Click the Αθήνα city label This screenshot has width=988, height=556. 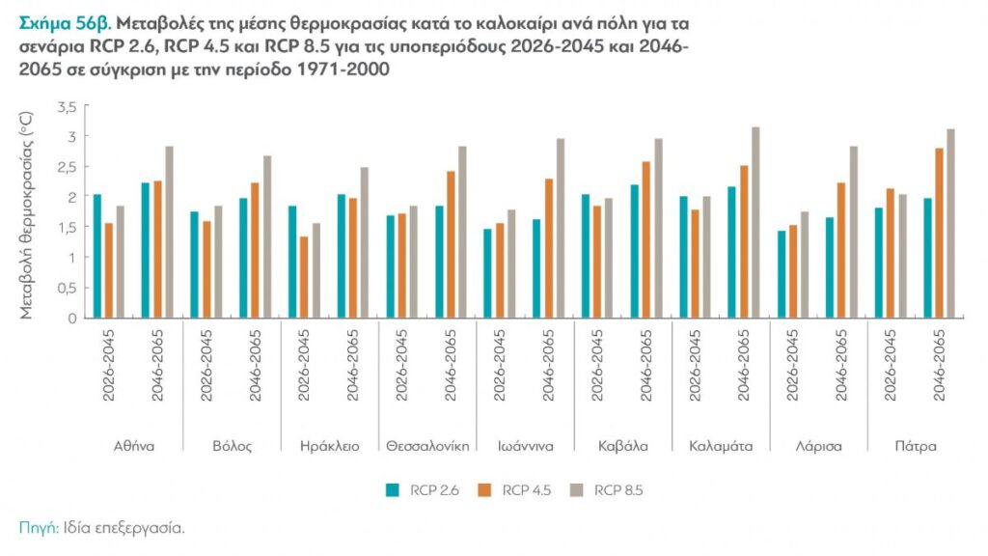point(133,446)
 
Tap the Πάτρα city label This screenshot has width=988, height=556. point(916,446)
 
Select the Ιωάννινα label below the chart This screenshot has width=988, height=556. point(525,446)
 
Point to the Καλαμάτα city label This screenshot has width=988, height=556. point(720,446)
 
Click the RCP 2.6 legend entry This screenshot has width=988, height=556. point(422,490)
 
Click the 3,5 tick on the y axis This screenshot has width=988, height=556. point(66,106)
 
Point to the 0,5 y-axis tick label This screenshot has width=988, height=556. point(66,287)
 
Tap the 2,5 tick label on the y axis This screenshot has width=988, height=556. point(66,167)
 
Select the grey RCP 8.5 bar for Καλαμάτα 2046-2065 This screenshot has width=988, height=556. point(755,222)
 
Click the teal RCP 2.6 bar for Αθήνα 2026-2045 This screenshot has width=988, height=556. point(96,256)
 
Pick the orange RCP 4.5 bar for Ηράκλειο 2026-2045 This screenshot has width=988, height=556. point(304,276)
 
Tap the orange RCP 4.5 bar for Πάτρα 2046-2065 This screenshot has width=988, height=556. point(940,233)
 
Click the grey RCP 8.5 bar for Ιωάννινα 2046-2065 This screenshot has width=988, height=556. point(560,228)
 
